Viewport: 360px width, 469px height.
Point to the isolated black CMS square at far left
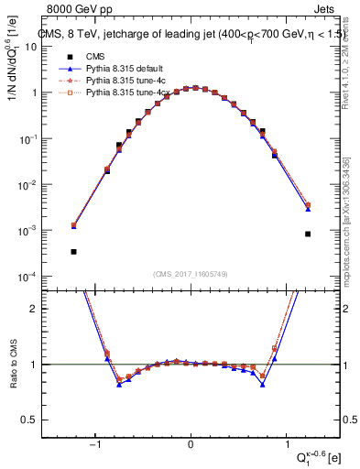[x=73, y=251]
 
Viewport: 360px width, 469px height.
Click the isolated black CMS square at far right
[x=308, y=234]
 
